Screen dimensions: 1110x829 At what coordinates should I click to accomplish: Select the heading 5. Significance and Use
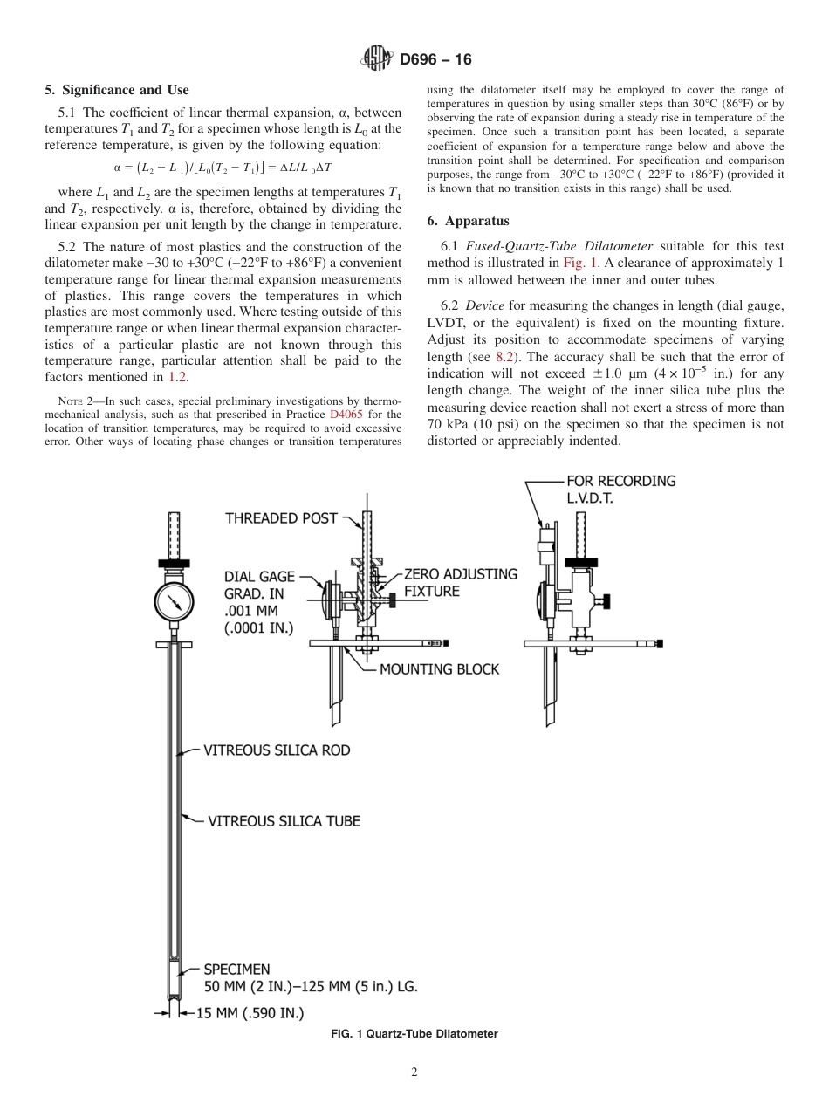pyautogui.click(x=116, y=90)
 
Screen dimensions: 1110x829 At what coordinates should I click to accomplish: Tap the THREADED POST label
pyautogui.click(x=281, y=518)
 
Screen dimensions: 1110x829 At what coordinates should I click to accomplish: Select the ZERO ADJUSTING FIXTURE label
pyautogui.click(x=460, y=583)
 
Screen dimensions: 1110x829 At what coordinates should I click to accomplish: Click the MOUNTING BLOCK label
pyautogui.click(x=439, y=669)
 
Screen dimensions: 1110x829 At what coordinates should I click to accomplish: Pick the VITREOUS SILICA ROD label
pyautogui.click(x=277, y=750)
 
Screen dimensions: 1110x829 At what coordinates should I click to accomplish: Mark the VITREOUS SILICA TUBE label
pyautogui.click(x=284, y=820)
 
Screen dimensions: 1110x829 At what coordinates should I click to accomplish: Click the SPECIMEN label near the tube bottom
pyautogui.click(x=236, y=969)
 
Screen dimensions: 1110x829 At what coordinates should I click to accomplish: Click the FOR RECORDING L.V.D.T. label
pyautogui.click(x=620, y=489)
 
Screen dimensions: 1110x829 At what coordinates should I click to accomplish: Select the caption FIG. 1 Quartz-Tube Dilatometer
pyautogui.click(x=414, y=1034)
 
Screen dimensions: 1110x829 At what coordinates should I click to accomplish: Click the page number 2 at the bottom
pyautogui.click(x=414, y=1072)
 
